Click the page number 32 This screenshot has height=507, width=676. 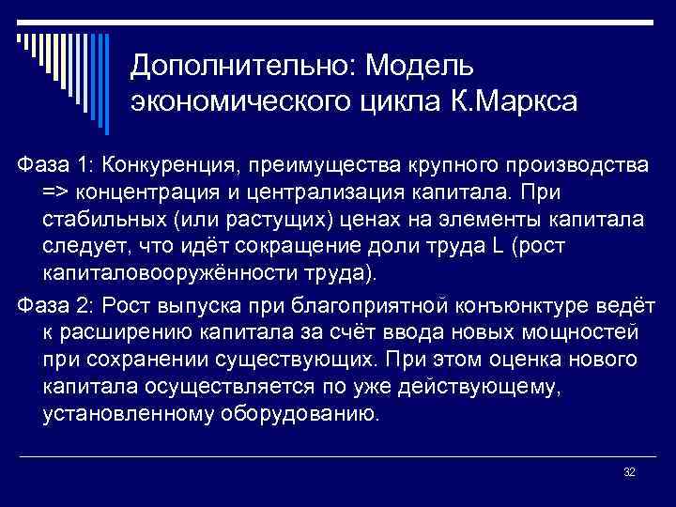629,471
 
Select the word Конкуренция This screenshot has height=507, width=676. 172,166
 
